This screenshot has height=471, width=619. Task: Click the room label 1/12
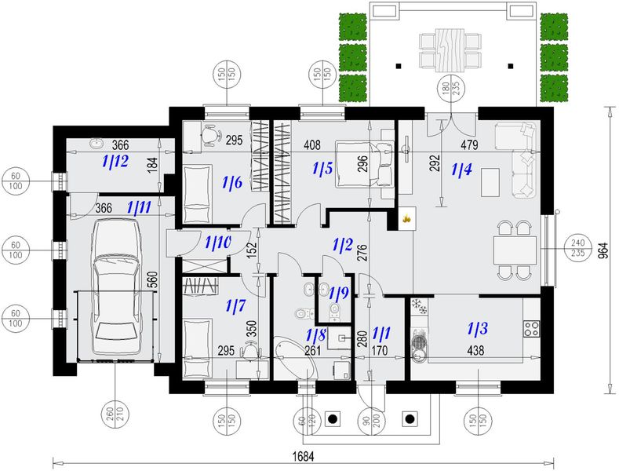115,161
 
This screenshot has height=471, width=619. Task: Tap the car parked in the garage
115,287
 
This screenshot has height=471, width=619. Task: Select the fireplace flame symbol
407,217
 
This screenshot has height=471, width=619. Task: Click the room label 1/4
461,170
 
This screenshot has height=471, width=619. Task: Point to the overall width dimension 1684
303,456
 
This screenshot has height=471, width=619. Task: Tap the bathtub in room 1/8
295,358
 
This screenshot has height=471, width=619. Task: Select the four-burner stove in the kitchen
531,328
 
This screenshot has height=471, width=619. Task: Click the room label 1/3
477,328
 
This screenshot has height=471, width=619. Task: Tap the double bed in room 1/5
364,163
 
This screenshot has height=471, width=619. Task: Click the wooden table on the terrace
450,49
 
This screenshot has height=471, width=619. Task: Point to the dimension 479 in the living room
469,145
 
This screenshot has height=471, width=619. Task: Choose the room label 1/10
217,243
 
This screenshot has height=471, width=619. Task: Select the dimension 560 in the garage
154,279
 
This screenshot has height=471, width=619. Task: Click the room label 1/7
235,305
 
